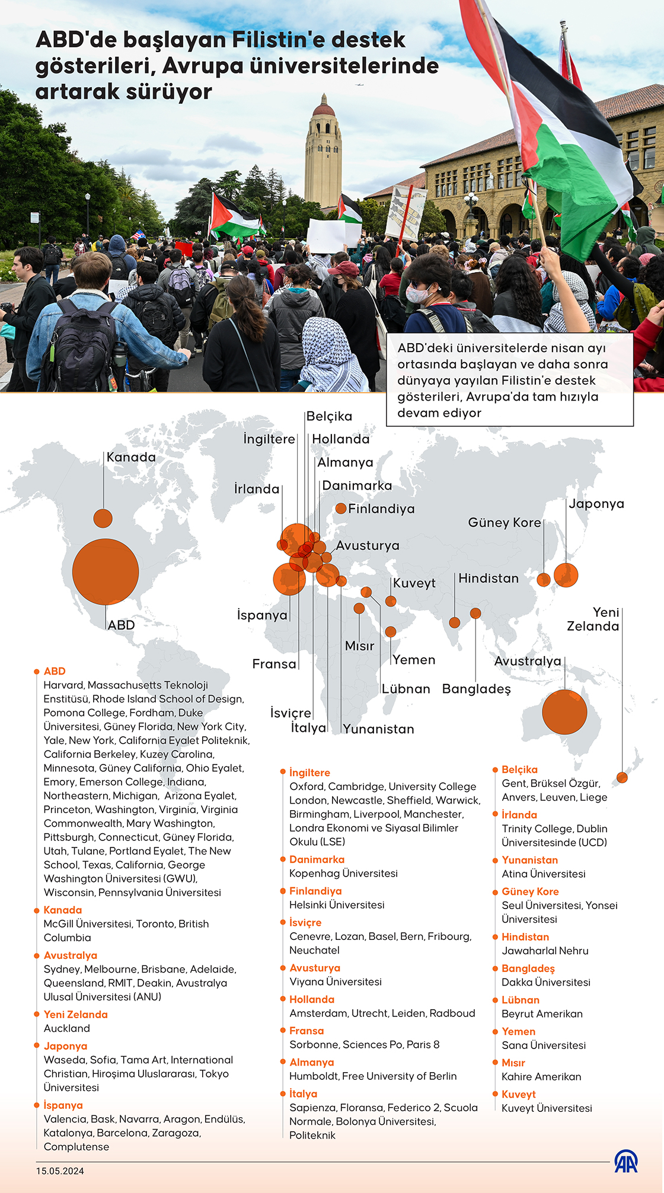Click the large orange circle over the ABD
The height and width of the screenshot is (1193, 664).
click(106, 571)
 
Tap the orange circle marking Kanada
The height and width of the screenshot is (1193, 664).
click(103, 518)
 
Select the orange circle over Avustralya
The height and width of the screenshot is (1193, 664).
click(564, 712)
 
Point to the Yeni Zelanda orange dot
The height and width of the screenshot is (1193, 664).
click(622, 777)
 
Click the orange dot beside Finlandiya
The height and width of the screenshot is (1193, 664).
click(341, 508)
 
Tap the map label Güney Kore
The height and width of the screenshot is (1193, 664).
click(505, 523)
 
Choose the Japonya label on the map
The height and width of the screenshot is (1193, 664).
click(596, 504)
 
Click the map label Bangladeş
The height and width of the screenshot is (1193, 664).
click(476, 689)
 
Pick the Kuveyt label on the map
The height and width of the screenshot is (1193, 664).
click(414, 583)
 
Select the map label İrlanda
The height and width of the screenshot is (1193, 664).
click(257, 489)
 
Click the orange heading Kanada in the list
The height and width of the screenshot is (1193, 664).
click(63, 910)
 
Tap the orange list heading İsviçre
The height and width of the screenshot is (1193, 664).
click(305, 922)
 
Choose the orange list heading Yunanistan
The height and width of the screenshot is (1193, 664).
click(529, 860)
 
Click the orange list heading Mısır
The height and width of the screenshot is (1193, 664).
click(513, 1063)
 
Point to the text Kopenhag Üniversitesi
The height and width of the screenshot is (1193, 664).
click(343, 873)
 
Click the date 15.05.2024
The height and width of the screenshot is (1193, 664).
click(60, 1171)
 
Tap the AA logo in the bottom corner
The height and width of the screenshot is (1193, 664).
click(625, 1162)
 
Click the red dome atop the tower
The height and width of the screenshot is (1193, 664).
click(324, 109)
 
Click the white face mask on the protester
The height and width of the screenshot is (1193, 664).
click(419, 293)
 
